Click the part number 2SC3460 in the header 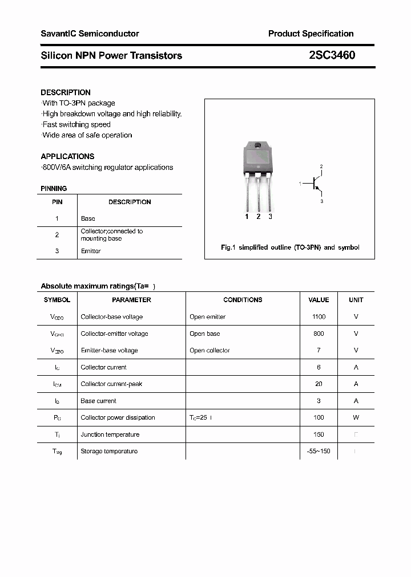[332, 55]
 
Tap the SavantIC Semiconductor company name [90, 34]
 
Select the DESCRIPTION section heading [66, 92]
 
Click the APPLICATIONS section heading [67, 156]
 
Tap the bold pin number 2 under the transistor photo [259, 217]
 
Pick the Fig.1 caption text [290, 247]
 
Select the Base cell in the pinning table [88, 218]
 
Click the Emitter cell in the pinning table [91, 251]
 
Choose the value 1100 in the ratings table [319, 317]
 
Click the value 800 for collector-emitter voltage [319, 334]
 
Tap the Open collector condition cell [209, 351]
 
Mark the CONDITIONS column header [243, 300]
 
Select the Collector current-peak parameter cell [111, 384]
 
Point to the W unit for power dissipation [356, 417]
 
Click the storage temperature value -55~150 [319, 452]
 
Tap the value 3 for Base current [319, 401]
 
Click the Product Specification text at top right [311, 34]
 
